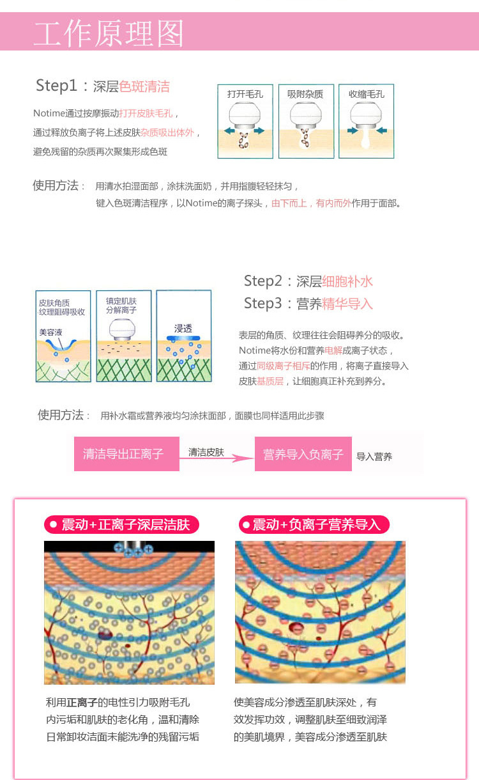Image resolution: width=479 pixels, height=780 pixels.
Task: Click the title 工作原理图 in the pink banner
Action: click(109, 33)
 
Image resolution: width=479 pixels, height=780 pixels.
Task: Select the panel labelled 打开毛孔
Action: click(245, 121)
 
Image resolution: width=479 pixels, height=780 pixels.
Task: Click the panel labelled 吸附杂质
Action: click(305, 121)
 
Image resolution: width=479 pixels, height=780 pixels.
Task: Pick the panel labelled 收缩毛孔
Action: click(366, 121)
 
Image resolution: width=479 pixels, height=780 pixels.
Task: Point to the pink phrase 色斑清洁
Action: click(144, 86)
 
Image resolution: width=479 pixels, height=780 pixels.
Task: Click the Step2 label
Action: click(267, 281)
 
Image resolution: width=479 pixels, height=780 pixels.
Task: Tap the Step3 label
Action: click(267, 304)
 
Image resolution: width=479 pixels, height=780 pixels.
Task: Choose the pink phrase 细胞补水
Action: click(347, 281)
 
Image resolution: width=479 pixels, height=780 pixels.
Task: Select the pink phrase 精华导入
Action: click(347, 304)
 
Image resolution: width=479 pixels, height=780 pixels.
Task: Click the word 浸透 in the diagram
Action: click(183, 328)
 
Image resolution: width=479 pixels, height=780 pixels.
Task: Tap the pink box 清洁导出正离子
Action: click(126, 454)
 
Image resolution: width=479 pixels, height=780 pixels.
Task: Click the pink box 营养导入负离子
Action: click(303, 454)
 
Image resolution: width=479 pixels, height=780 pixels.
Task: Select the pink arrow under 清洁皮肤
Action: click(217, 458)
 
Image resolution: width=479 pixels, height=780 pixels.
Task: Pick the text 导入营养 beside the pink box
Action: click(374, 456)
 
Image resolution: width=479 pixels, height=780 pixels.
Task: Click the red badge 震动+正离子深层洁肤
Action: click(121, 525)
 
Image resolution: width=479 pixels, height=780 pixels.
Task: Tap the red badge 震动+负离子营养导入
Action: click(314, 525)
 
